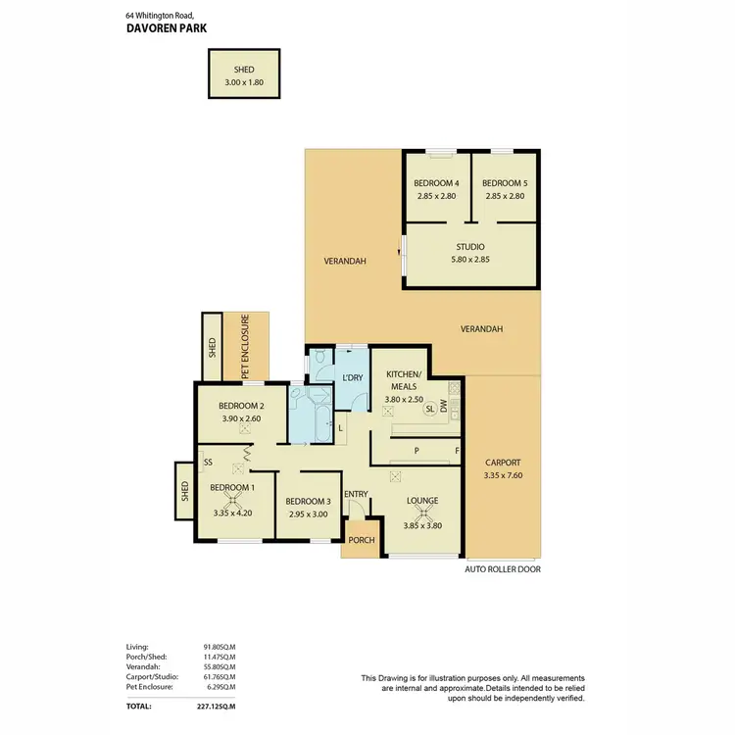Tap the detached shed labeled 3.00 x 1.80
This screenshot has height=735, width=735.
tap(244, 74)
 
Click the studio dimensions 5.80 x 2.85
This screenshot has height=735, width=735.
tap(470, 260)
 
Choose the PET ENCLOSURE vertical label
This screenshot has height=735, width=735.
tap(245, 347)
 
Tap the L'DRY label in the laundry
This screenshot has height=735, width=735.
tap(352, 378)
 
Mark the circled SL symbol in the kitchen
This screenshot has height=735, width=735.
tap(428, 412)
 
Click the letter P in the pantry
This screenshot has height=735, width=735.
tap(416, 453)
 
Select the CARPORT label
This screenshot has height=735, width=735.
tap(503, 463)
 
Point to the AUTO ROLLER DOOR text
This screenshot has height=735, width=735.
tap(503, 568)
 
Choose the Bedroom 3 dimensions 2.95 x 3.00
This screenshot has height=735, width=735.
tap(307, 513)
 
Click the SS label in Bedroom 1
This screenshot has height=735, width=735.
tap(208, 463)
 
